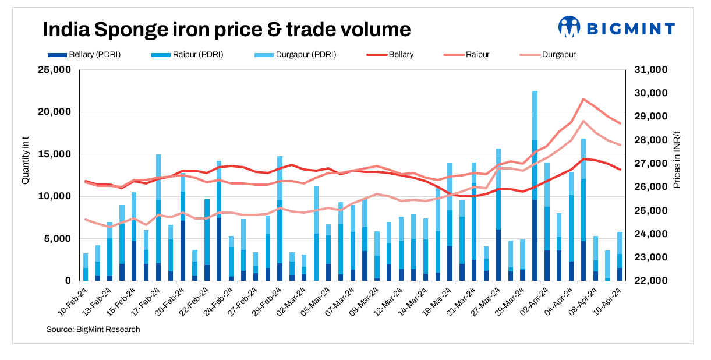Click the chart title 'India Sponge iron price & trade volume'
[x=227, y=29]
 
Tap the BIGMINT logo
[x=617, y=27]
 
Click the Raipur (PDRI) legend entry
[x=187, y=55]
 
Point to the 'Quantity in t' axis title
[x=25, y=158]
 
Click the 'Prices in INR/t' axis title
[x=677, y=158]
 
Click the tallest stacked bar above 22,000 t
[x=535, y=186]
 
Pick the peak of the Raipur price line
[x=584, y=99]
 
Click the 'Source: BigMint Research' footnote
[x=93, y=330]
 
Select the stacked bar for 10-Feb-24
[x=86, y=267]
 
